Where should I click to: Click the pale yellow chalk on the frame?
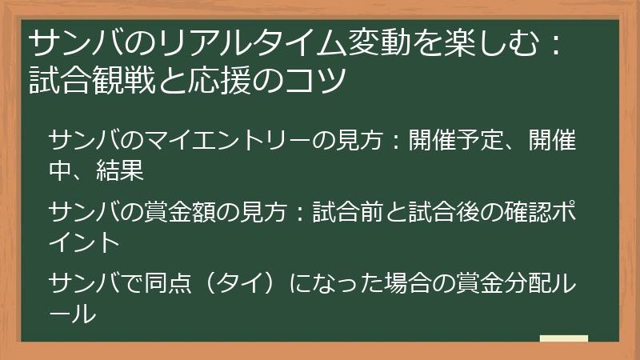pos(564,339)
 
